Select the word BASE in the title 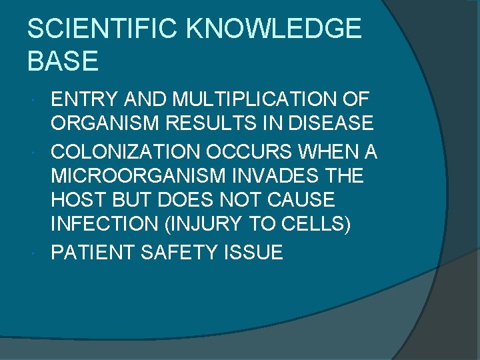pos(63,61)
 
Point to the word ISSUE pos(253,253)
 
